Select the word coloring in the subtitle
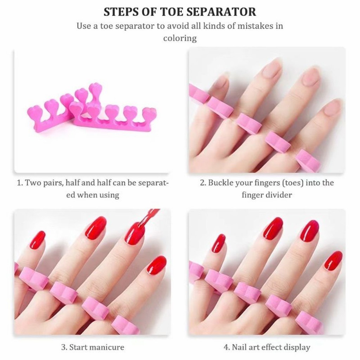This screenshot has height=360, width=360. tap(180, 38)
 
